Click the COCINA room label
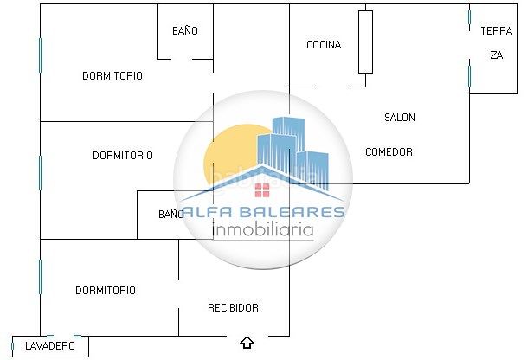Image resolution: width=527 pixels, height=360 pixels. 324,45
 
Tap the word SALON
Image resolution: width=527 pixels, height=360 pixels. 400,118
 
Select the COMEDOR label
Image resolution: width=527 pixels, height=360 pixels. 389,152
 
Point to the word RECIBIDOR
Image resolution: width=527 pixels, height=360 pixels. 234,307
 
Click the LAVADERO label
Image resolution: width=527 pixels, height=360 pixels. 50,345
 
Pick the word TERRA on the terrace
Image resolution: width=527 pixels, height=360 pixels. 497,31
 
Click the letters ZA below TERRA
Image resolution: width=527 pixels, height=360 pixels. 497,55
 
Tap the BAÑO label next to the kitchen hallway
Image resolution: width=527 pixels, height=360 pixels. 185,31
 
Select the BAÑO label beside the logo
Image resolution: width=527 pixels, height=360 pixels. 171,214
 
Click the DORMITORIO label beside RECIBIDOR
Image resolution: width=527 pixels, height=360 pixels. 106,291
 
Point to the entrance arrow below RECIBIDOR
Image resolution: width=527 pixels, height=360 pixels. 247,343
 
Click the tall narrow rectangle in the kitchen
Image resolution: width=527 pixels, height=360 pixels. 365,42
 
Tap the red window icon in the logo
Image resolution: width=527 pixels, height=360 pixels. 262,190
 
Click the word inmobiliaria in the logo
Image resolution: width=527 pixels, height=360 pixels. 263,230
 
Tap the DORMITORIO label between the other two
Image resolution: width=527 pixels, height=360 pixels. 123,155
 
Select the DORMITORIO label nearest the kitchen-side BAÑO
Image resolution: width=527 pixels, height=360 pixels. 112,75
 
